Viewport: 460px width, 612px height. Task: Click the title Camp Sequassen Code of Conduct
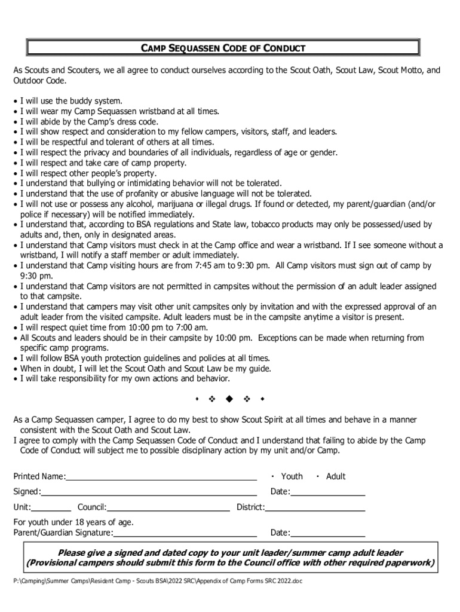click(223, 48)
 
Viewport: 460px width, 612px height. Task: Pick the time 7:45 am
click(199, 265)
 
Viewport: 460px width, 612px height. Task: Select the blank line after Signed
click(149, 493)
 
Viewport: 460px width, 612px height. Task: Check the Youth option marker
click(272, 476)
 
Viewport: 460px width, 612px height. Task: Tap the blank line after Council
click(168, 509)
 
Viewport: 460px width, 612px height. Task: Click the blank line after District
click(315, 509)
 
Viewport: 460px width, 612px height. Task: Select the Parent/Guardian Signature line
click(185, 534)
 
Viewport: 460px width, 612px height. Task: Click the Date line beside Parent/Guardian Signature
click(327, 534)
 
